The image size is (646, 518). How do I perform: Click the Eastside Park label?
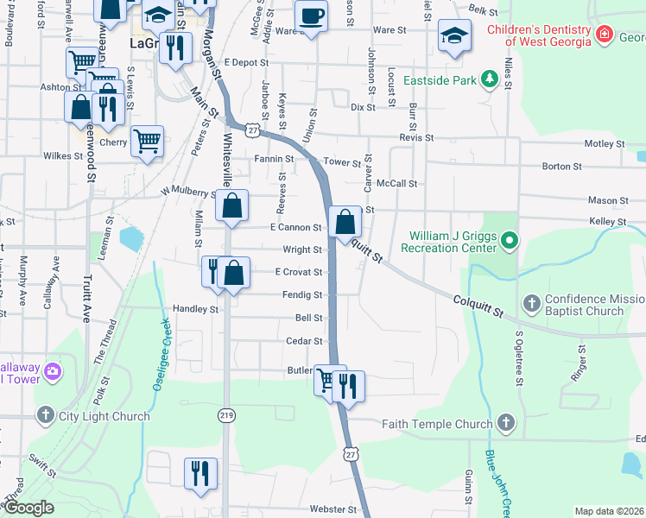click(x=440, y=80)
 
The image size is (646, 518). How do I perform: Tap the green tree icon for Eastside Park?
click(x=490, y=79)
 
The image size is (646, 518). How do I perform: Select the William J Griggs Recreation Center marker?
click(x=510, y=239)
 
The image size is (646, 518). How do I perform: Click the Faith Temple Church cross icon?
click(x=506, y=423)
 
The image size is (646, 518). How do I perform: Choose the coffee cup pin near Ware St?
click(x=311, y=15)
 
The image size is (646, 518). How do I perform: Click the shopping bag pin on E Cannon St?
click(x=345, y=222)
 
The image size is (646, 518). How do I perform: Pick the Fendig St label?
click(x=302, y=295)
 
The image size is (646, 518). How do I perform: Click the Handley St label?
click(x=195, y=309)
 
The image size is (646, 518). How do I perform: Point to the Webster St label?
click(x=332, y=510)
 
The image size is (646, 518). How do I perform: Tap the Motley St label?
click(x=605, y=144)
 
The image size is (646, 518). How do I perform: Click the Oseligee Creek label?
click(x=161, y=354)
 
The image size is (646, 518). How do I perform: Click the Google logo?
click(x=28, y=509)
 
